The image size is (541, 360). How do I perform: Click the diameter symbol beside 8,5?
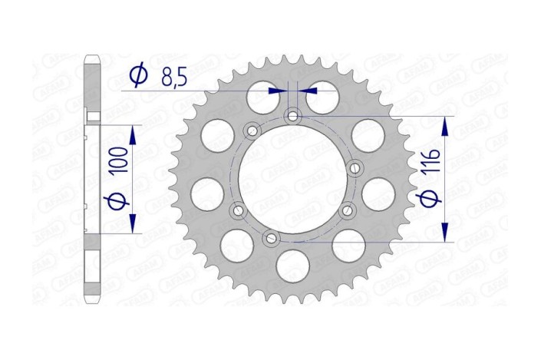coord(139,75)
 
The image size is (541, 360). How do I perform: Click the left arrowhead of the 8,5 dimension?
coord(276,91)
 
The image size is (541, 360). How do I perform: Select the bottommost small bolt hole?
coord(269,239)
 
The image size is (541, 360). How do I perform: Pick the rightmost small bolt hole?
coord(355,167)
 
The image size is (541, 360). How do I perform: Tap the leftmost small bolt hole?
coord(237,210)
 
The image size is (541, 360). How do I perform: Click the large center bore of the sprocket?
coord(292,178)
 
